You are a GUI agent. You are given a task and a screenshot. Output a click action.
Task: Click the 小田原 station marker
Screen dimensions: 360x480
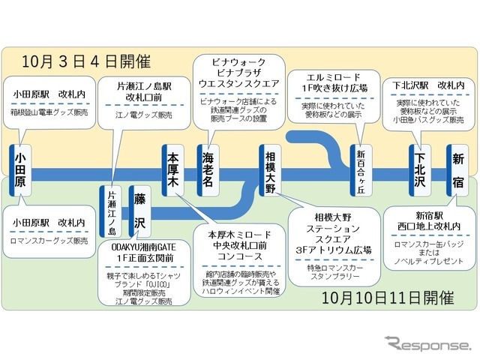coord(20,169)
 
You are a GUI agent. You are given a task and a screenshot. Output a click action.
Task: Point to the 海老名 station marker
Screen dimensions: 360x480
coord(208,169)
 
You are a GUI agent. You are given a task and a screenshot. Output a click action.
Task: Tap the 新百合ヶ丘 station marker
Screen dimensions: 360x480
coord(362,169)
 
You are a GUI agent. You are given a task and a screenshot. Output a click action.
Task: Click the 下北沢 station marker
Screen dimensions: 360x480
coord(421,169)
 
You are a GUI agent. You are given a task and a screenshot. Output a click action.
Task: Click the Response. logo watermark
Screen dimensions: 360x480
coord(427,346)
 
